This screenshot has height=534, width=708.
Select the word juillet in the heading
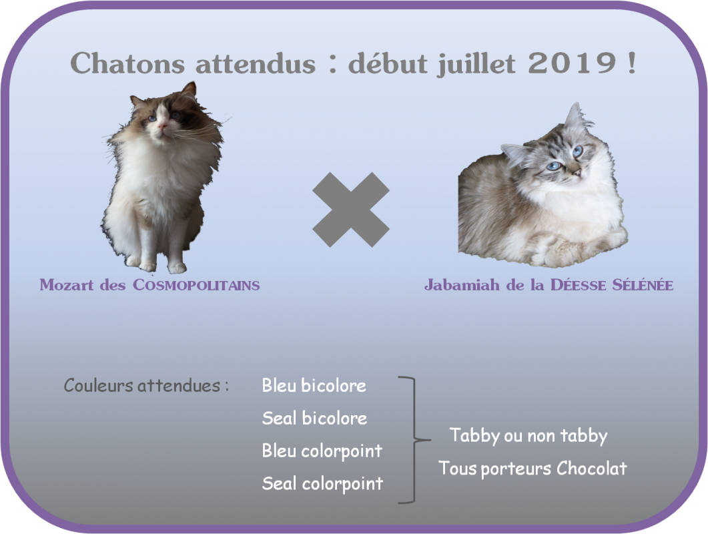click(476, 63)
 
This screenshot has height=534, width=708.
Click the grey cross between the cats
click(351, 210)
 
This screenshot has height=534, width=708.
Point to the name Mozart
click(67, 285)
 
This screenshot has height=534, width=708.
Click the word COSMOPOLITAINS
click(196, 285)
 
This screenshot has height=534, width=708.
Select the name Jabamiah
click(462, 285)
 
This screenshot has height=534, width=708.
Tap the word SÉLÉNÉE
click(643, 284)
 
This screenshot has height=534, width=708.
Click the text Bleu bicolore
click(314, 385)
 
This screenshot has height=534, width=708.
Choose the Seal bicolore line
click(314, 418)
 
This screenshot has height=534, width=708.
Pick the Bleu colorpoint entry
click(322, 451)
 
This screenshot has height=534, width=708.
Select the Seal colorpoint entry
click(322, 484)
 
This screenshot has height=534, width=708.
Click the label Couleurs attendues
click(141, 385)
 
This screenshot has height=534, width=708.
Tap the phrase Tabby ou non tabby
click(528, 436)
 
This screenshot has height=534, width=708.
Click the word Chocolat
click(591, 468)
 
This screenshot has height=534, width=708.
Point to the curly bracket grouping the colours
click(415, 439)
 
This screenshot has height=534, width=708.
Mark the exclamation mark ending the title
click(631, 62)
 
